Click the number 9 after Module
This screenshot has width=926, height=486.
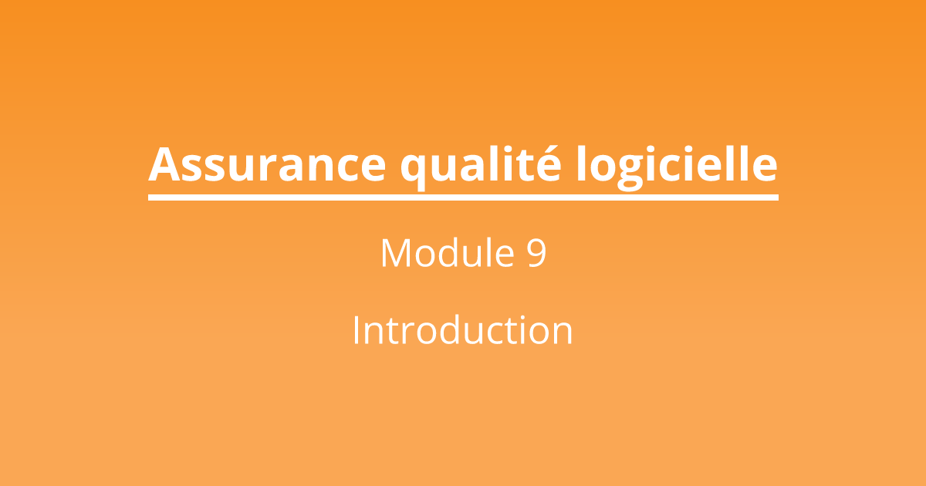(537, 253)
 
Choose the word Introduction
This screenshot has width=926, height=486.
(462, 330)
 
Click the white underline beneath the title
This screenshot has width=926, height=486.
(463, 197)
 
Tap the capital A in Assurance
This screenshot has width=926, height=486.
(164, 164)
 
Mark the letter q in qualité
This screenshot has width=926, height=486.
(417, 170)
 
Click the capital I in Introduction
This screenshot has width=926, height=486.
(357, 330)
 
